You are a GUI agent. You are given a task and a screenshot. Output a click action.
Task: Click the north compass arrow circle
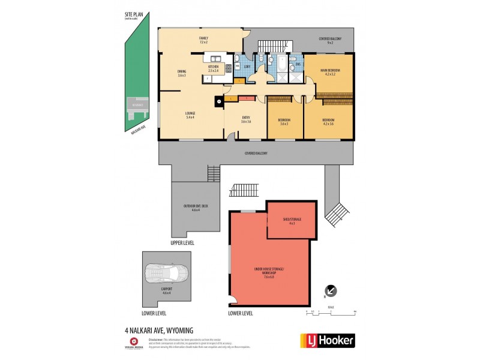(331, 290)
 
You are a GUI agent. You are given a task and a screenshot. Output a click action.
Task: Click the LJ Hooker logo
(327, 340)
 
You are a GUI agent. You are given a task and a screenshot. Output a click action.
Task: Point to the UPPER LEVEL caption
(183, 243)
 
